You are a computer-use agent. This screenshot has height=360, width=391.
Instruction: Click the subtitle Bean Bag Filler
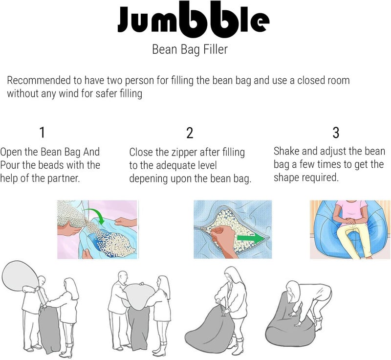click(x=190, y=49)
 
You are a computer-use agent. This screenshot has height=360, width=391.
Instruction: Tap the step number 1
click(x=42, y=132)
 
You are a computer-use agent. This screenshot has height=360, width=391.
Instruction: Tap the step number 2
click(x=190, y=133)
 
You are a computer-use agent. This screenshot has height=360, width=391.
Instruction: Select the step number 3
click(x=336, y=133)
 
